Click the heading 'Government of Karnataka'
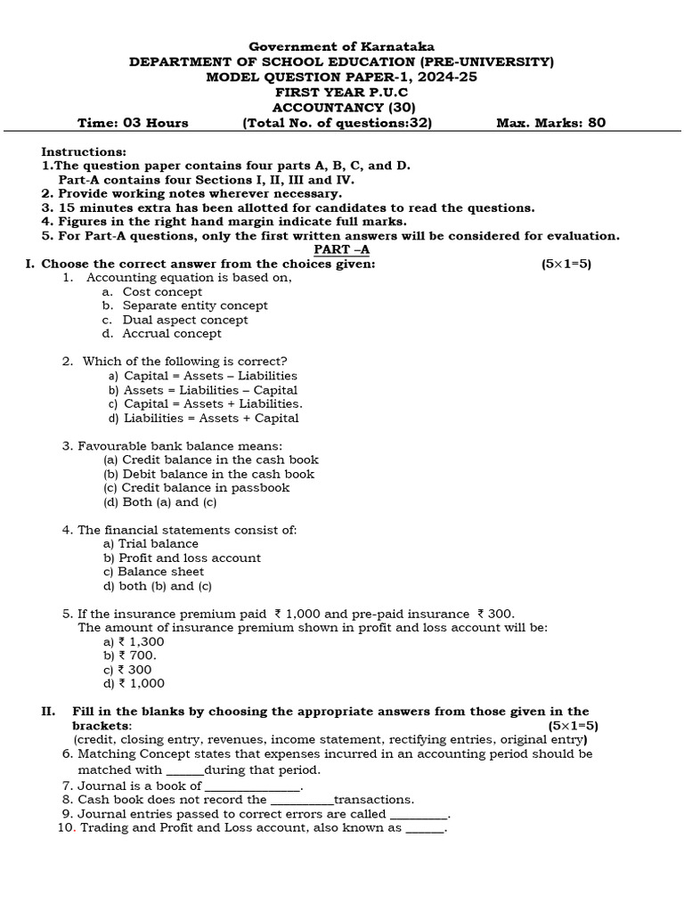tap(342, 46)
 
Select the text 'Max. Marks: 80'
tap(550, 123)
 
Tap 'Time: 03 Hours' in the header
tap(133, 123)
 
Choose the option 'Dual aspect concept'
tap(184, 320)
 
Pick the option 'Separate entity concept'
tap(194, 305)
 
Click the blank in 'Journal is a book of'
tap(253, 786)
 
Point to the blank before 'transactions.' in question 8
tap(301, 801)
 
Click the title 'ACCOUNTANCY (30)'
tap(342, 107)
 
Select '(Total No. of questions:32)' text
tap(338, 123)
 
